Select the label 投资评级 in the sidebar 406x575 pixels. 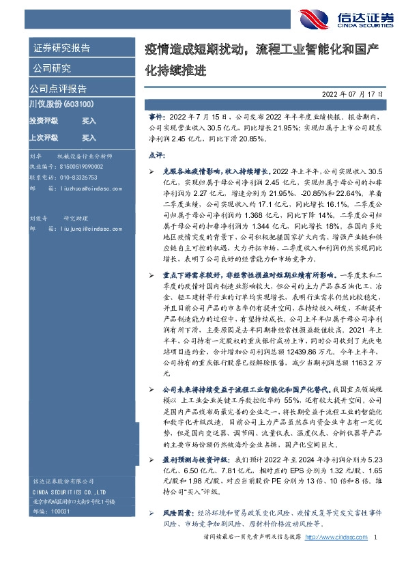coord(43,120)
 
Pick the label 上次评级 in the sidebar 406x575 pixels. coord(43,137)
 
